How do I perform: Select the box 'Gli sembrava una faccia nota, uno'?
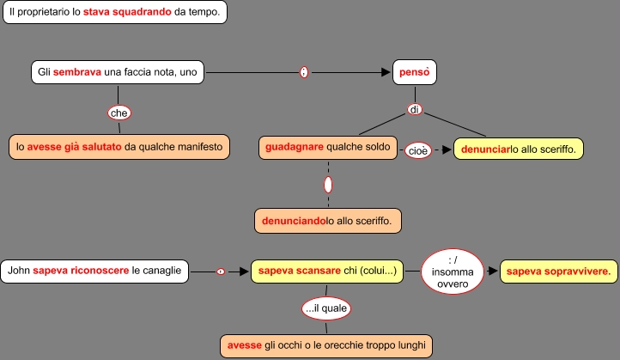coord(119,73)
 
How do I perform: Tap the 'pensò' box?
coord(415,73)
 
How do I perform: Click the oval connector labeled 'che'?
coord(119,112)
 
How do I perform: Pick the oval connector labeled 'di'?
coord(415,110)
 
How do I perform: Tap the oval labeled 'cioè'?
coord(417,150)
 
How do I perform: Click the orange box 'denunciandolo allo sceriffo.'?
coord(328,221)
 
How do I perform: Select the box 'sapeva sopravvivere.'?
coord(559,272)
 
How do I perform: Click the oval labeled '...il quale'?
coord(327,308)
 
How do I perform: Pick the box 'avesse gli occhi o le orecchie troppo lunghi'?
coord(326,345)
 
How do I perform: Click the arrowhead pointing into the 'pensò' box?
coord(386,73)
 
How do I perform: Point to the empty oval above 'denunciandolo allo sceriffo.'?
coord(328,184)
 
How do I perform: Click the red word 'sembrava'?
coord(77,73)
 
